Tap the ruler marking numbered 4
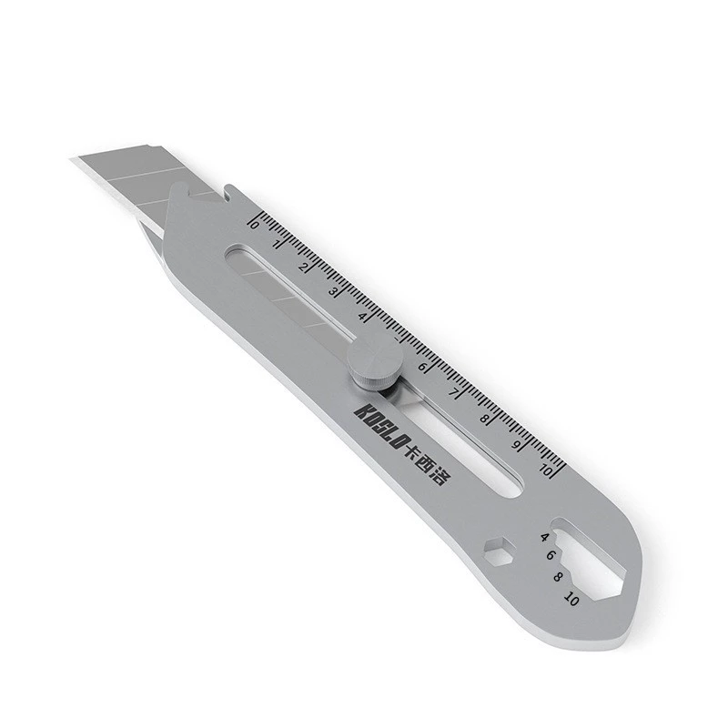pos(362,316)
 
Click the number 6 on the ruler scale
pos(422,367)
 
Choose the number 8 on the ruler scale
pos(485,419)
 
